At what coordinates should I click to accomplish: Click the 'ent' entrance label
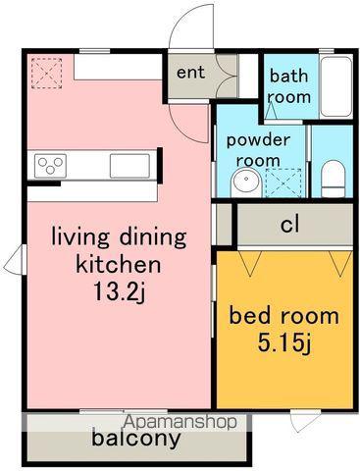pos(190,73)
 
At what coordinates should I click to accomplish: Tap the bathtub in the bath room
pos(335,86)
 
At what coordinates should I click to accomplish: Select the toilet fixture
pos(333,179)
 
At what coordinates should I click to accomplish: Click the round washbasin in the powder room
pos(246,183)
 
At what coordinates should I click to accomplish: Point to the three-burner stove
pos(50,166)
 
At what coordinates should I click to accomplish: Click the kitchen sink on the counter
pos(129,166)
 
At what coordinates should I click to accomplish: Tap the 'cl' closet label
pos(289,225)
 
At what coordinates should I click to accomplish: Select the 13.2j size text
pos(119,291)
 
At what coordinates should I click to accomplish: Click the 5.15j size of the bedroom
pos(283,342)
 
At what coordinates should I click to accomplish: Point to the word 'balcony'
pos(136,439)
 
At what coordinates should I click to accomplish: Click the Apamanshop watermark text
pos(180,422)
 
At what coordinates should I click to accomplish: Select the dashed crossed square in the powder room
pos(283,183)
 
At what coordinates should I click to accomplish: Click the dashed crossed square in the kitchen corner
pos(46,74)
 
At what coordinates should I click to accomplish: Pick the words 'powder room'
pos(258,150)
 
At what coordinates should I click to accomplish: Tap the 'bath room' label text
pos(288,86)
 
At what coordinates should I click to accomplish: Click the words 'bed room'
pos(283,316)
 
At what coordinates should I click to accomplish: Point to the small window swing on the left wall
pos(15,259)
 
